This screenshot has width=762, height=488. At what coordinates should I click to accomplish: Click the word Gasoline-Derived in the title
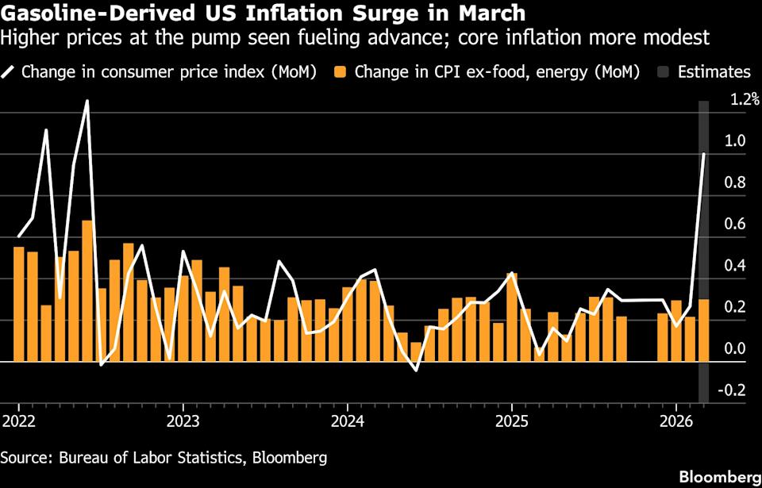[x=93, y=13]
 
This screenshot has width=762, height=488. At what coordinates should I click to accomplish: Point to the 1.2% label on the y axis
[x=745, y=100]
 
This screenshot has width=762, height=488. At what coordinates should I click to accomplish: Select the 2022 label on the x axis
[x=18, y=419]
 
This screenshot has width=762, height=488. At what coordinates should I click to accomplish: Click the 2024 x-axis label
[x=347, y=419]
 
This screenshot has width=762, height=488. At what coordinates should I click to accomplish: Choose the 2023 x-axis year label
[x=183, y=419]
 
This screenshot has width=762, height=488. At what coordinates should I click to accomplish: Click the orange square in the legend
[x=341, y=72]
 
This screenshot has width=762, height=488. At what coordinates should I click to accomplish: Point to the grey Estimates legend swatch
[x=664, y=72]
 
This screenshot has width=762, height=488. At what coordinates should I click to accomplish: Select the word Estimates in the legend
[x=714, y=72]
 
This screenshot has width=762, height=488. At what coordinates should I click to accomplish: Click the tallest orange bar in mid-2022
[x=87, y=290]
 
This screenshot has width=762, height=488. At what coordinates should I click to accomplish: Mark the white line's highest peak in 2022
[x=87, y=102]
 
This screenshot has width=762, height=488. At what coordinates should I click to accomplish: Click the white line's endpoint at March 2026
[x=703, y=154]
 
